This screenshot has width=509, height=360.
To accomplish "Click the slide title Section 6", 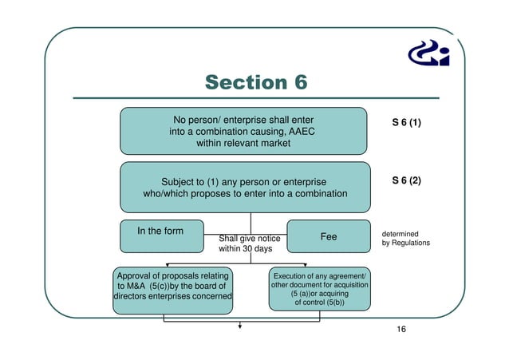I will tap(255, 82).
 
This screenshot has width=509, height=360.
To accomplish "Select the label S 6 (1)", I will tap(406, 124).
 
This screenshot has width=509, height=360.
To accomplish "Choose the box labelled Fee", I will tap(328, 236).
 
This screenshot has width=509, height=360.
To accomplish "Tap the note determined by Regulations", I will tap(405, 238).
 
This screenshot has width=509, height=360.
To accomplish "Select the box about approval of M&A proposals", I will tap(172, 287).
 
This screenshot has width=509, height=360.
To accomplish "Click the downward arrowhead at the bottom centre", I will tap(239, 326).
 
